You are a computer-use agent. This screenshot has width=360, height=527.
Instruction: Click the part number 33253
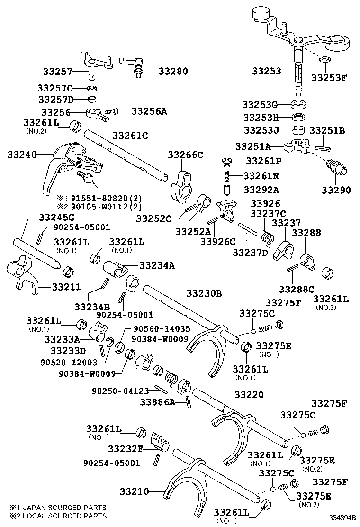pos(267,72)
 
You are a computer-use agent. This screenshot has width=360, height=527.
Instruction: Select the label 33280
pos(173,72)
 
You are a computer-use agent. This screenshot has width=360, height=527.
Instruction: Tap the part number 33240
pos(22,154)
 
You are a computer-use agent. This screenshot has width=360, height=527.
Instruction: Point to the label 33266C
pos(186,154)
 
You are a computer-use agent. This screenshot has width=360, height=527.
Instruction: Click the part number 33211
pos(66,287)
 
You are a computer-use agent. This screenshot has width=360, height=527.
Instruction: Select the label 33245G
pos(56,218)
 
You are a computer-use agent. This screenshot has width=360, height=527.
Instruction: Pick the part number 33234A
pos(156,265)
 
